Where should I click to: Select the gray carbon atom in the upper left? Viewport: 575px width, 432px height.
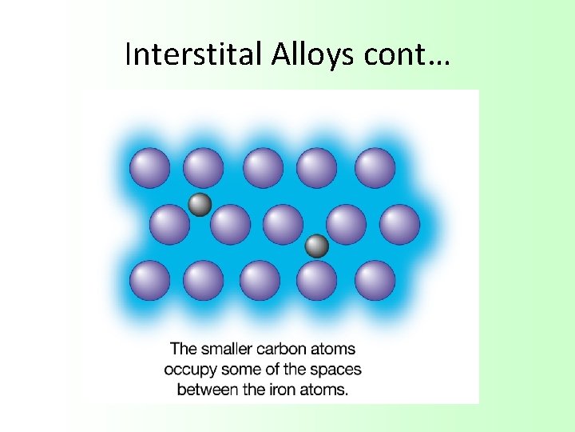200,205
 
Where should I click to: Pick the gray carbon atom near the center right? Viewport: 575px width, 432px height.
317,246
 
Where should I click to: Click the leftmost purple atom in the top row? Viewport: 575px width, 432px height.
149,168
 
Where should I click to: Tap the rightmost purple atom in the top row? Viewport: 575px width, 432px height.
375,168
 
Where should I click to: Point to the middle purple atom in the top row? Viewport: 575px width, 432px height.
263,168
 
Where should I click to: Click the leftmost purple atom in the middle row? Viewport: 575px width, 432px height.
169,225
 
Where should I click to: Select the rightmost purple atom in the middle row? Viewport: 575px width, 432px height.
399,225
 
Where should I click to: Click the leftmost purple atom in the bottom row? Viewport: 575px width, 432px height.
149,281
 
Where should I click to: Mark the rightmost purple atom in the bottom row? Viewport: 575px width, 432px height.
375,281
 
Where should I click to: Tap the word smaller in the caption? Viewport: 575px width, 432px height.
225,350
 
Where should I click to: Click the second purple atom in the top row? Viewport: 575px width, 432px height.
203,168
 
